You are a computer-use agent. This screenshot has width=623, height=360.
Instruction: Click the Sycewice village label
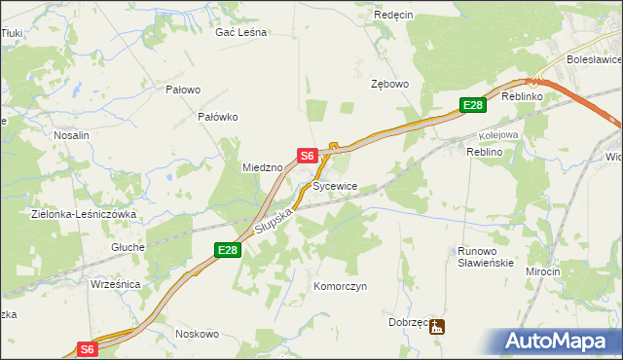(335, 185)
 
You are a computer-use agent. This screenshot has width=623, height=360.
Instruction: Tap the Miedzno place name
(262, 167)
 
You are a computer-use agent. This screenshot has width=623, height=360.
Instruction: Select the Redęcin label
(394, 16)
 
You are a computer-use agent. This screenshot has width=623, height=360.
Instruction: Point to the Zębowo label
(389, 85)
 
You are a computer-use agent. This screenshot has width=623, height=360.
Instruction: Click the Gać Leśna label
(240, 32)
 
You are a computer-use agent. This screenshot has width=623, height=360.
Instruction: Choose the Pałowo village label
(183, 90)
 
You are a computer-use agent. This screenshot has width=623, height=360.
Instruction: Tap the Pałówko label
(218, 117)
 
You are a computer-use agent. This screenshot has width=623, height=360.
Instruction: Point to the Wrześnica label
(115, 284)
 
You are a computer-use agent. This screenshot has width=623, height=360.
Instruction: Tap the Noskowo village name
(197, 334)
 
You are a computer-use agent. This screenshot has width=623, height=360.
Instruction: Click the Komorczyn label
(340, 287)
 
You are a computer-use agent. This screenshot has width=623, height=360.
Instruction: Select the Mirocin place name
(543, 271)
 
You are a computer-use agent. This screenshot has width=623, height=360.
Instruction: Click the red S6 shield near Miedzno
(308, 156)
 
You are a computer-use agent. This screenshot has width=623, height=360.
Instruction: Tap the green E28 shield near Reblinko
(472, 105)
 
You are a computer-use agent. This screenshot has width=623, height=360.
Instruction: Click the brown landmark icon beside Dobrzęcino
(439, 328)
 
